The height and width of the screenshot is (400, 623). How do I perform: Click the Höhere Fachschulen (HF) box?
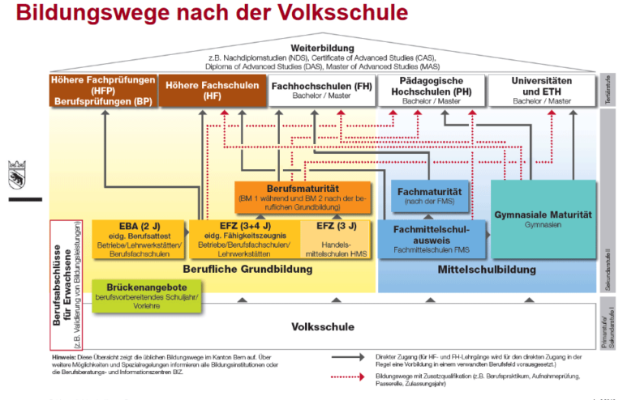(199, 90)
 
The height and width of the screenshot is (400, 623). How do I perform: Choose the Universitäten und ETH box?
(542, 90)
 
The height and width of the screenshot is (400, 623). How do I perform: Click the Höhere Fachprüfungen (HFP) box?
(102, 90)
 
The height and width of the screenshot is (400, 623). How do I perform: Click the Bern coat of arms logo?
(15, 174)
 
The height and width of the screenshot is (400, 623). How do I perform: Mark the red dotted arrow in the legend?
(350, 377)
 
